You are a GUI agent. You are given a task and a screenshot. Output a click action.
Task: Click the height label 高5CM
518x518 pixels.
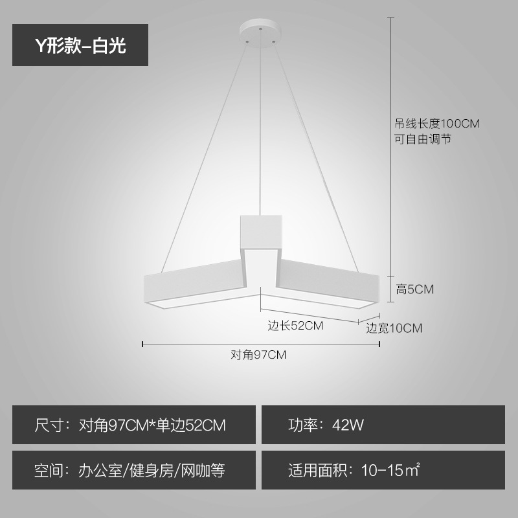pyautogui.click(x=414, y=289)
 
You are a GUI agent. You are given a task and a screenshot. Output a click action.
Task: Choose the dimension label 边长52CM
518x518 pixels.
pyautogui.click(x=295, y=326)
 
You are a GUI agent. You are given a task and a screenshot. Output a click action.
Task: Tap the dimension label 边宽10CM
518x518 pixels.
pyautogui.click(x=394, y=328)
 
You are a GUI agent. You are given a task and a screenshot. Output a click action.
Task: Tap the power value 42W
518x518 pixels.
pyautogui.click(x=348, y=425)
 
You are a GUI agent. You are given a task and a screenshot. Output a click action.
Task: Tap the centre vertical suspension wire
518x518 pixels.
pyautogui.click(x=260, y=129)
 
